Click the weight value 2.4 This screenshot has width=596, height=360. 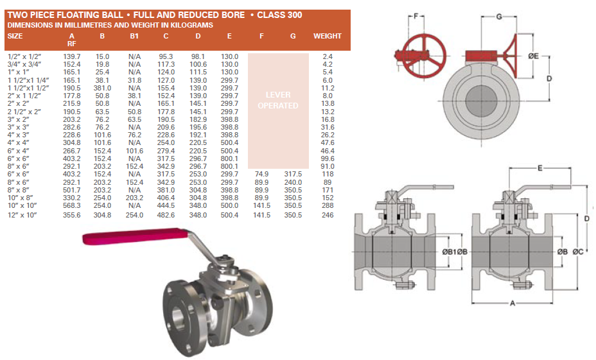pyautogui.click(x=328, y=56)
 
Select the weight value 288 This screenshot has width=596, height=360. pyautogui.click(x=328, y=205)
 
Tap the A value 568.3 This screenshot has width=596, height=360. pyautogui.click(x=72, y=205)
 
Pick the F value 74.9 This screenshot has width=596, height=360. pyautogui.click(x=261, y=174)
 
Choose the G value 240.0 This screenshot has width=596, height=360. pyautogui.click(x=293, y=182)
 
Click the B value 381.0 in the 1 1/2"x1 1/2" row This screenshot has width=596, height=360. pyautogui.click(x=102, y=88)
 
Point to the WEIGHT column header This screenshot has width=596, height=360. pyautogui.click(x=328, y=36)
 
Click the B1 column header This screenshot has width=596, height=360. pyautogui.click(x=134, y=36)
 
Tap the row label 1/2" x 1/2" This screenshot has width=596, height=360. pyautogui.click(x=24, y=56)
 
